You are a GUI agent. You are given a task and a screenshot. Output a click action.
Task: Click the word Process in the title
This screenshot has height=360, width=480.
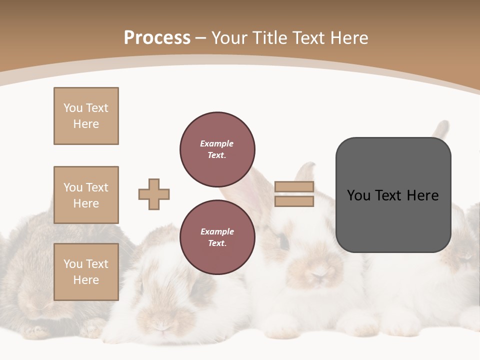pyautogui.click(x=157, y=38)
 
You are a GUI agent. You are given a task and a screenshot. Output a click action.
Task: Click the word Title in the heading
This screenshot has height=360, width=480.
pyautogui.click(x=268, y=38)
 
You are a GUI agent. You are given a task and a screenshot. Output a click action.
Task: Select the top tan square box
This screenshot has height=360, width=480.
pyautogui.click(x=86, y=116)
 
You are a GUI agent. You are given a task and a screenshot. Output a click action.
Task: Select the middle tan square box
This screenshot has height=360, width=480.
pyautogui.click(x=86, y=195)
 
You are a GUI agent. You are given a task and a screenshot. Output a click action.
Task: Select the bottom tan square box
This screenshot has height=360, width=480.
pyautogui.click(x=86, y=272)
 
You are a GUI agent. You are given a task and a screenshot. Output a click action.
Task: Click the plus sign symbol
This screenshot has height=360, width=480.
pyautogui.click(x=154, y=194)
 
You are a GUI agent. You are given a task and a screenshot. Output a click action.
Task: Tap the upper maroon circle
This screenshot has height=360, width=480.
pyautogui.click(x=217, y=149)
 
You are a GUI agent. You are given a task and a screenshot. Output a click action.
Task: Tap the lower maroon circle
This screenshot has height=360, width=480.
pyautogui.click(x=217, y=237)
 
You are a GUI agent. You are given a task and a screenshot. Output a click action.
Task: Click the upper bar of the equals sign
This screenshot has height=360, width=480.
pyautogui.click(x=294, y=187)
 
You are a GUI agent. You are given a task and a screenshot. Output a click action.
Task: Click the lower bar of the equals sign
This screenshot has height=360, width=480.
pyautogui.click(x=294, y=201)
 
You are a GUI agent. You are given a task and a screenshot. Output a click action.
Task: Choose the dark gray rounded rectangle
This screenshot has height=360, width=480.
pyautogui.click(x=393, y=220)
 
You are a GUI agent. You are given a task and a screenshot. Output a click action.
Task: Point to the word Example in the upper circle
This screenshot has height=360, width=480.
pyautogui.click(x=217, y=143)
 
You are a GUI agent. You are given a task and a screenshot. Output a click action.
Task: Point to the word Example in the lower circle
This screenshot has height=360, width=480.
pyautogui.click(x=217, y=231)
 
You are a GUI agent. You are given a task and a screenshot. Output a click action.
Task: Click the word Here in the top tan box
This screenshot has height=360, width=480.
pyautogui.click(x=86, y=124)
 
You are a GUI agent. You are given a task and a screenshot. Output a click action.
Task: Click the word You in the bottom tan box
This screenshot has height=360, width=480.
pyautogui.click(x=73, y=264)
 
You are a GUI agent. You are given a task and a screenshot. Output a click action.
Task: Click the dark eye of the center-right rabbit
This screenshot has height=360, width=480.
pyautogui.click(x=283, y=242)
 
